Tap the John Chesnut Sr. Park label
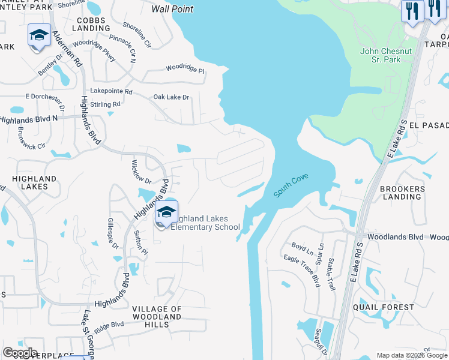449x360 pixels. [386, 55]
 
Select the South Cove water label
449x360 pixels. [291, 187]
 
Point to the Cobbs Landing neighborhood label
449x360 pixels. [91, 24]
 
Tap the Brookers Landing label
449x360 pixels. [402, 193]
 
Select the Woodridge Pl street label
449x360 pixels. [185, 70]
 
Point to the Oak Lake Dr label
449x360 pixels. [171, 97]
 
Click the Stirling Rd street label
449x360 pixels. [105, 104]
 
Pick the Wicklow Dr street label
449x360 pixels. [141, 172]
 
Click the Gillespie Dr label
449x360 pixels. [112, 233]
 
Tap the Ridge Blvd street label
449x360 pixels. [109, 325]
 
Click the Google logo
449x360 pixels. [20, 353]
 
